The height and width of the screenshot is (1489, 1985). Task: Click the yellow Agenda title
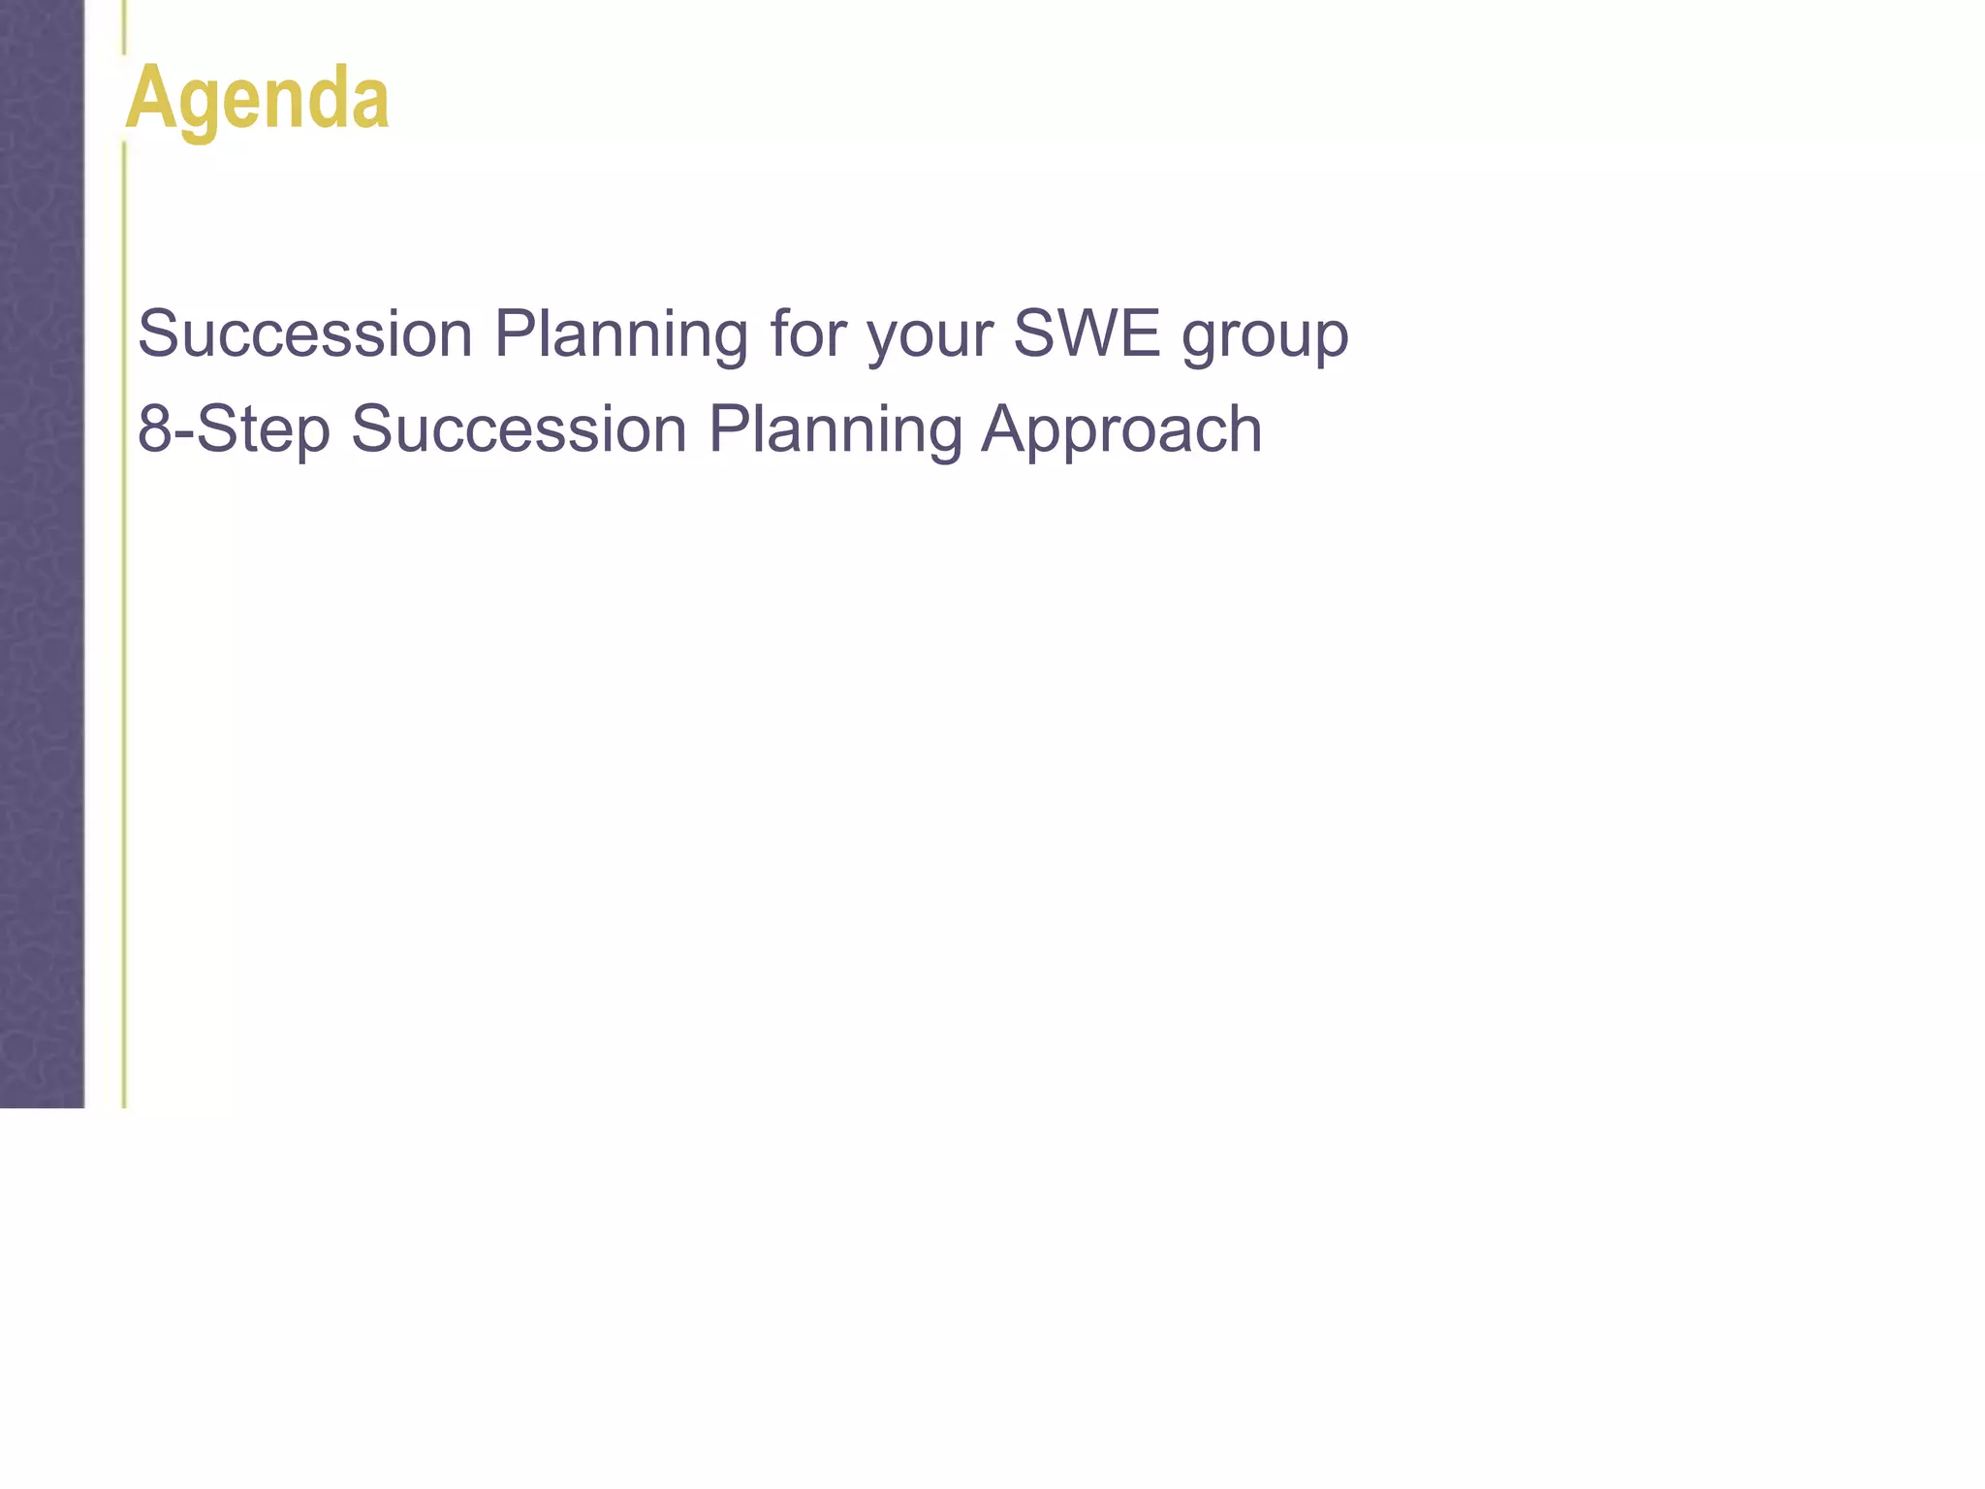click(x=258, y=98)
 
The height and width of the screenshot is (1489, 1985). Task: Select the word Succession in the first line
click(x=304, y=333)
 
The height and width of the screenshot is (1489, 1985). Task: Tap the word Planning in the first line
click(x=620, y=333)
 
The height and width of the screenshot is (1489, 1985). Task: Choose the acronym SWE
click(x=1087, y=333)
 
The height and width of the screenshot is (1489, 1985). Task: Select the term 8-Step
click(x=234, y=429)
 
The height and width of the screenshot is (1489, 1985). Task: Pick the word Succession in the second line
click(x=519, y=428)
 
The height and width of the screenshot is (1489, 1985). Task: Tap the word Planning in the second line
click(x=835, y=429)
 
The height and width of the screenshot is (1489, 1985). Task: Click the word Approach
click(x=1121, y=429)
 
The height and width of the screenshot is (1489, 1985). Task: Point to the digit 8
click(x=154, y=428)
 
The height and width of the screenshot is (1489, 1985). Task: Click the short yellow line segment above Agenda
click(x=124, y=27)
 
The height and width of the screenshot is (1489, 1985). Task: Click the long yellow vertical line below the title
click(x=124, y=630)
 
